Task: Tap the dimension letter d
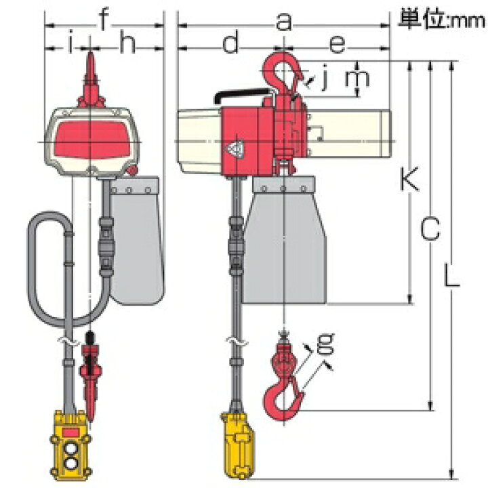[230, 42]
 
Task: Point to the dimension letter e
[338, 44]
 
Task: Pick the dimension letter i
[70, 42]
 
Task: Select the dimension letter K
[409, 178]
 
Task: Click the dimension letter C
[430, 229]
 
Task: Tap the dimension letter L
[451, 274]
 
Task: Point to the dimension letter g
[325, 344]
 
